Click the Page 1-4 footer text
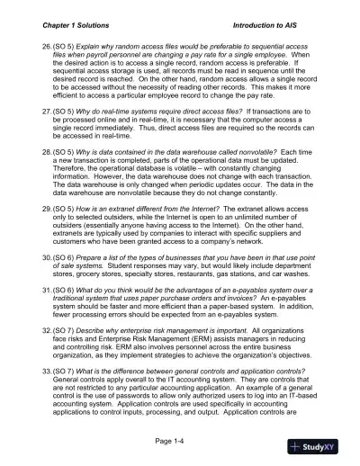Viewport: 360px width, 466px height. coord(181,441)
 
